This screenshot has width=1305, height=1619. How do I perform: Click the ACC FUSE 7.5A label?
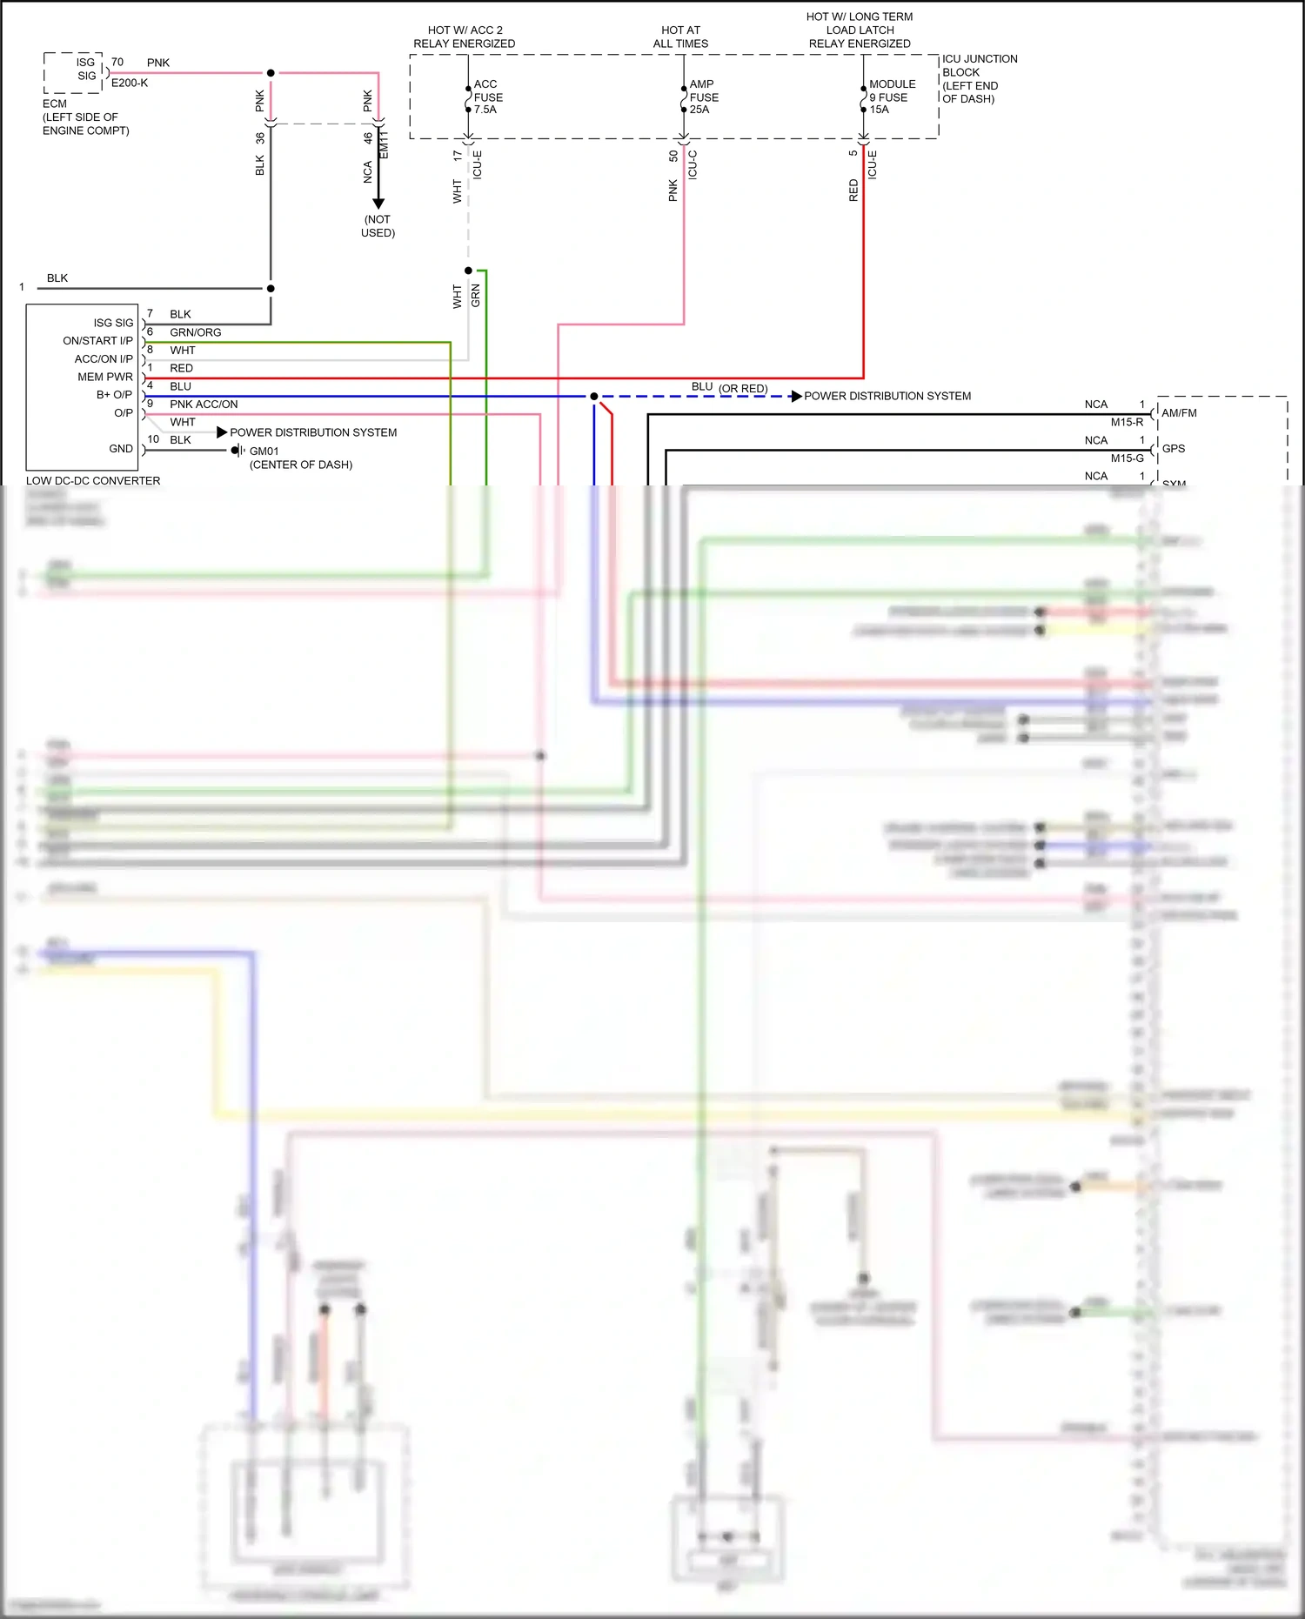(487, 97)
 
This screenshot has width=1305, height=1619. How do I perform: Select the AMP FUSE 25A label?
(703, 97)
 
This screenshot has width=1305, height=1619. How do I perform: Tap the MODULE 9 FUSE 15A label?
(891, 97)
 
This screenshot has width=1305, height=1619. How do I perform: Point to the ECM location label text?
(85, 117)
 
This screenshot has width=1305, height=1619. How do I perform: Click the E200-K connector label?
(130, 84)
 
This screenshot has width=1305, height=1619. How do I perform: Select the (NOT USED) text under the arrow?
(378, 226)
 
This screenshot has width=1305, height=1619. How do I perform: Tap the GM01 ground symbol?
(238, 451)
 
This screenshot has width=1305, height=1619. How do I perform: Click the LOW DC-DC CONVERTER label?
(93, 481)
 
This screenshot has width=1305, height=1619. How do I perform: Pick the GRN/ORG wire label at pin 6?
(195, 332)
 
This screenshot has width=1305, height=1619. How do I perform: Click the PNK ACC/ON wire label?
(204, 405)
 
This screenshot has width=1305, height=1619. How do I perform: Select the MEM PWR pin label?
(105, 377)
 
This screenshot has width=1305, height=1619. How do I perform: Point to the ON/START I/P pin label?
(97, 341)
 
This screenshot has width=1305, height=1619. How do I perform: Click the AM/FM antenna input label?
(1179, 413)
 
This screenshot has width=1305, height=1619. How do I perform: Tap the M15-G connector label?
(1127, 458)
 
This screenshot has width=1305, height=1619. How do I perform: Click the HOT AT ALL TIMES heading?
(680, 37)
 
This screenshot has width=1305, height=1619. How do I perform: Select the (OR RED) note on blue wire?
(743, 389)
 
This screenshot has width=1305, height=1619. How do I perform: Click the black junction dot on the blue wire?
(594, 397)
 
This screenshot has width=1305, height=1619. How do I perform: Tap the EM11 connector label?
(385, 145)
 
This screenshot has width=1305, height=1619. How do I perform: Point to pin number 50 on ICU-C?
(673, 157)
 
